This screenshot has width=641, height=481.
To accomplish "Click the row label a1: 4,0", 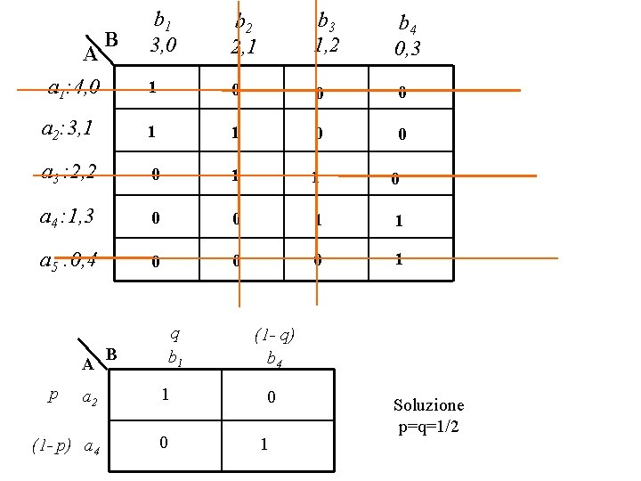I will pyautogui.click(x=79, y=87).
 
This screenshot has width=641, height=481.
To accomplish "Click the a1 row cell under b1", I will pyautogui.click(x=153, y=88).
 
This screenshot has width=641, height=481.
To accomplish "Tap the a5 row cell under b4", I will pyautogui.click(x=399, y=261).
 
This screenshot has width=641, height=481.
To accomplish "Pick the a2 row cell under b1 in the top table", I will pyautogui.click(x=153, y=132).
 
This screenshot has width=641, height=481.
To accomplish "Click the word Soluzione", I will pyautogui.click(x=428, y=405).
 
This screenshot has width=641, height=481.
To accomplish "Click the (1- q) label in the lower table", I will pyautogui.click(x=273, y=336).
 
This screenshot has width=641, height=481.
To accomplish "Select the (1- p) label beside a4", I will pyautogui.click(x=51, y=444).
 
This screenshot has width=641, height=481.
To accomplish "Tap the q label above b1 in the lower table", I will pyautogui.click(x=174, y=334).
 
